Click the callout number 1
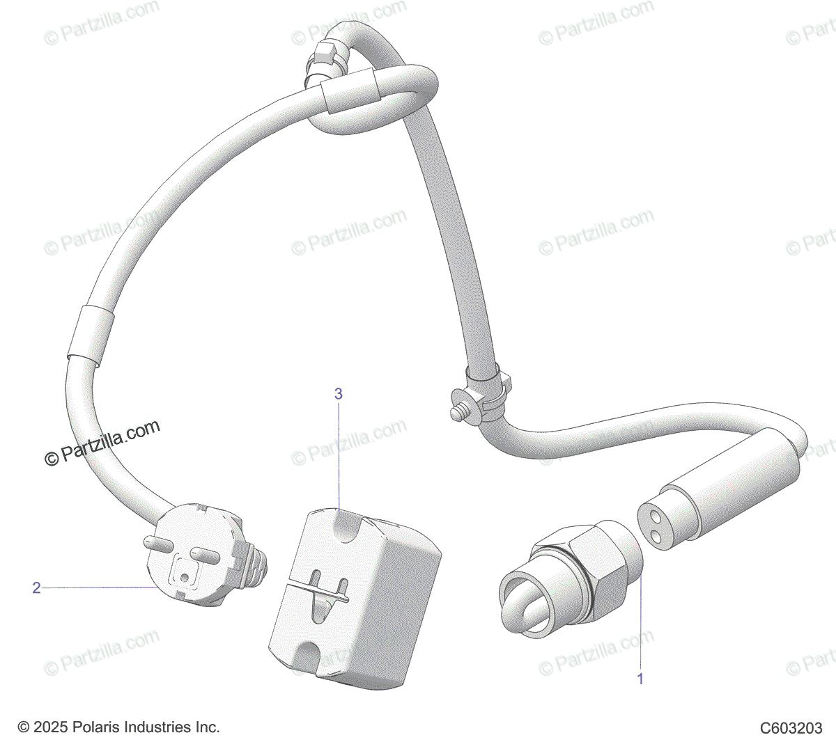641,678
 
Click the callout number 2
37,588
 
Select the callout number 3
339,394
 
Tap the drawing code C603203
791,728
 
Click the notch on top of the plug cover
341,523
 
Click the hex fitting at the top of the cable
325,54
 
